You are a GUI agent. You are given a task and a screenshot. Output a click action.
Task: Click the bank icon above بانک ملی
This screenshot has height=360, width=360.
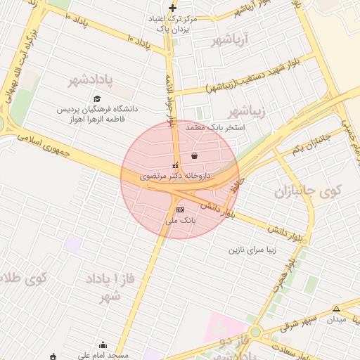point(180,210)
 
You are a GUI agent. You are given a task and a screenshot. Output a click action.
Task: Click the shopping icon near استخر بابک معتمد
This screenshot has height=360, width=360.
point(194,155)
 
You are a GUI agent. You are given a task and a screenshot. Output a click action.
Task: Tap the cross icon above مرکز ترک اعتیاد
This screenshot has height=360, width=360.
point(173,8)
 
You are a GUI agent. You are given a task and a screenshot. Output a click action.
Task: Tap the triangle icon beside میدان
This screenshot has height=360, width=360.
point(336,309)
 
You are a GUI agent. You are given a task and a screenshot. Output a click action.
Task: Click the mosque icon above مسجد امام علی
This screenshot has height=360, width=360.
point(103,345)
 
